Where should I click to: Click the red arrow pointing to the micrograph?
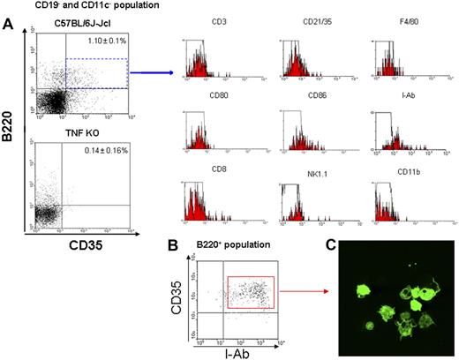(x=311, y=302)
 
